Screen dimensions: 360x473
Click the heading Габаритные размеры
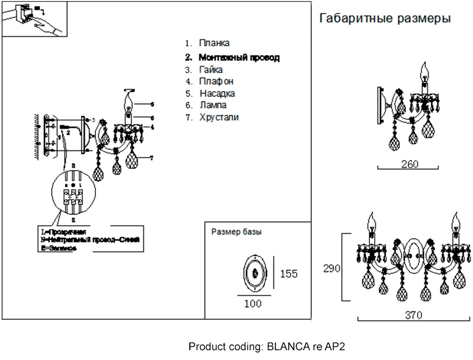(385, 19)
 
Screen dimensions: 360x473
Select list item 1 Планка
(214, 42)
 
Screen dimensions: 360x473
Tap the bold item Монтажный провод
(239, 57)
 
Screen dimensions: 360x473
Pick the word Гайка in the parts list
(211, 70)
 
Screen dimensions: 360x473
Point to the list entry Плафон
(216, 81)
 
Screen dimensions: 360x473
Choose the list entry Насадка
(217, 93)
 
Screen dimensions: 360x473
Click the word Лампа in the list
(213, 105)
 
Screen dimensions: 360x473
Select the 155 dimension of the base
(289, 274)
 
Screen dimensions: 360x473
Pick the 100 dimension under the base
(253, 304)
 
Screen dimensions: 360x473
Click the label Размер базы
(236, 232)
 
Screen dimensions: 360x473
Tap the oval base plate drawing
(253, 273)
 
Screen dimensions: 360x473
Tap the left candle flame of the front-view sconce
(373, 222)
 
